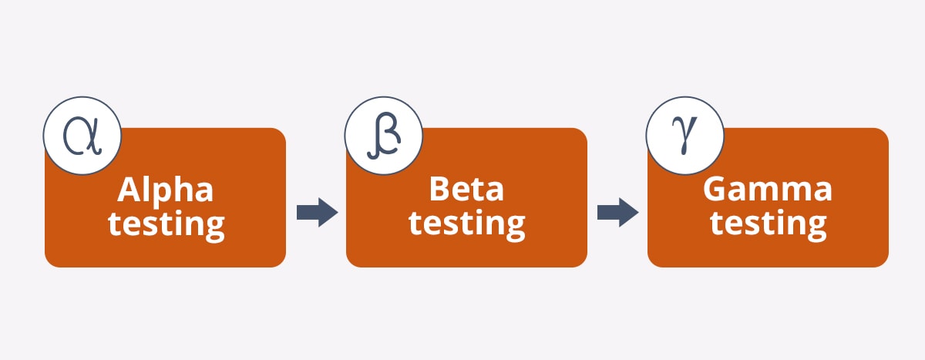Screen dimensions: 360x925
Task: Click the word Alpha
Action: click(165, 190)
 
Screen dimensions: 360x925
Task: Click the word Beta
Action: click(466, 190)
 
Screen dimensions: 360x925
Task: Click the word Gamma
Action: click(768, 190)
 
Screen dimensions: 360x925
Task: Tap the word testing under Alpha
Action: click(166, 224)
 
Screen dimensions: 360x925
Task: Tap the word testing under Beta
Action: click(466, 224)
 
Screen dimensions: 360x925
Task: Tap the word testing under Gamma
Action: click(768, 224)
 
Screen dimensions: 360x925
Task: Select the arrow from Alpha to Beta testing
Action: click(317, 211)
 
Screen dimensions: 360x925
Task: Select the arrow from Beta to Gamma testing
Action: click(617, 211)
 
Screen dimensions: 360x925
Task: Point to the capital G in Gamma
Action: click(718, 190)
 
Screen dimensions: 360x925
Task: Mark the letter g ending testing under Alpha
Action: click(214, 227)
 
